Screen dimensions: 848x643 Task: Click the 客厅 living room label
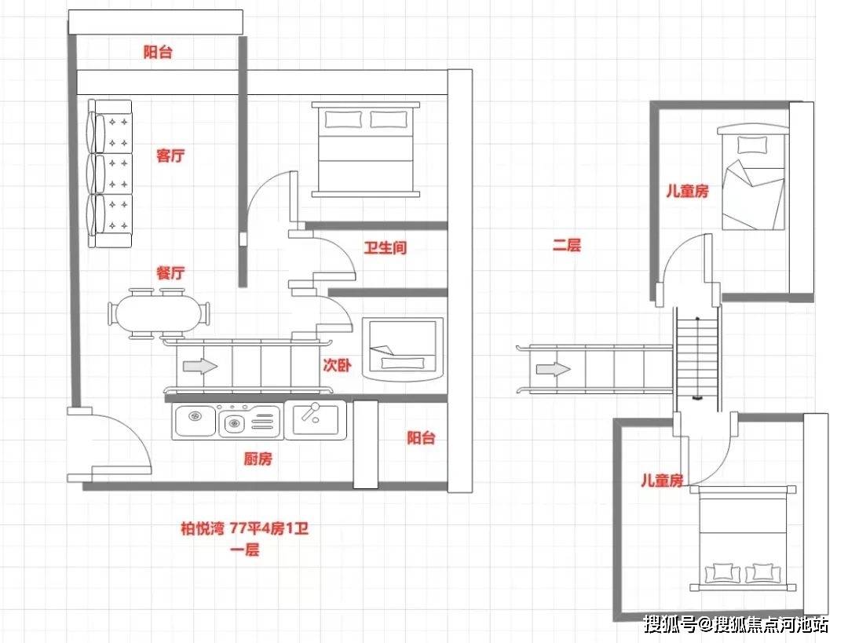[170, 155]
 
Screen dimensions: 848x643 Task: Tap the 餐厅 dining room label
[170, 272]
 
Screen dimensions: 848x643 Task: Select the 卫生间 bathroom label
[385, 247]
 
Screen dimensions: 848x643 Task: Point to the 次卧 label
[337, 365]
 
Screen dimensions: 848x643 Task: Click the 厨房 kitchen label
[258, 459]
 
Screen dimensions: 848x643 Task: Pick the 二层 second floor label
[567, 245]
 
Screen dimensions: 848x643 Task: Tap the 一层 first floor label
[245, 550]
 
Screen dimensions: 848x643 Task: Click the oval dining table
[158, 314]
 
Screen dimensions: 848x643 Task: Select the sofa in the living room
[110, 174]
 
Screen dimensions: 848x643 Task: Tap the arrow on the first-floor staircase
[200, 366]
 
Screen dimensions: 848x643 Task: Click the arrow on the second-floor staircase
[554, 369]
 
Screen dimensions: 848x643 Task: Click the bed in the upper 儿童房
[752, 177]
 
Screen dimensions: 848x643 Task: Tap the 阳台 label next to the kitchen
[422, 437]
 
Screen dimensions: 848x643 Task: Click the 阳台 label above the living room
[158, 52]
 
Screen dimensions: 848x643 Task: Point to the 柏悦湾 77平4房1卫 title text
[244, 528]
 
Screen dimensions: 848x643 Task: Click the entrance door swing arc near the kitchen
[135, 433]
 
